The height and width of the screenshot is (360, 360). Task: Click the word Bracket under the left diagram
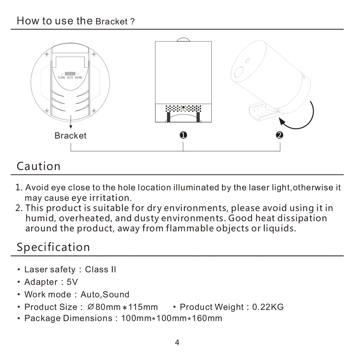pos(71,136)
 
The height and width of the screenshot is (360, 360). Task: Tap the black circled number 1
pos(183,135)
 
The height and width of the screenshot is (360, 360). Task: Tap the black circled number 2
pos(279,135)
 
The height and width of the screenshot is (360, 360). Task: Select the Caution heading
pos(39,166)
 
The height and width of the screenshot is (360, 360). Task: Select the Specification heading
pos(53,247)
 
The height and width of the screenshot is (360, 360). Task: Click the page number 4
pos(177,342)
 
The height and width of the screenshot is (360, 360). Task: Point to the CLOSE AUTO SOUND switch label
pos(70,77)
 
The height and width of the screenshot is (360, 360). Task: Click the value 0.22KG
pos(268,307)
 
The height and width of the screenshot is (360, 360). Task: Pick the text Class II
pos(100,270)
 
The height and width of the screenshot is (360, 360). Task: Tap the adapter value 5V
pos(72,282)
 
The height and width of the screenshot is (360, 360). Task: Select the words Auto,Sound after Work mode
pos(105,294)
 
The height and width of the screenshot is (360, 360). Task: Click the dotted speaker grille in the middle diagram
pos(183,108)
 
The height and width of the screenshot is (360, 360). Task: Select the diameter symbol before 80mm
pos(91,307)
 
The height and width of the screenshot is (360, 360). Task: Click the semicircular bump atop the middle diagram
pos(183,39)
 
